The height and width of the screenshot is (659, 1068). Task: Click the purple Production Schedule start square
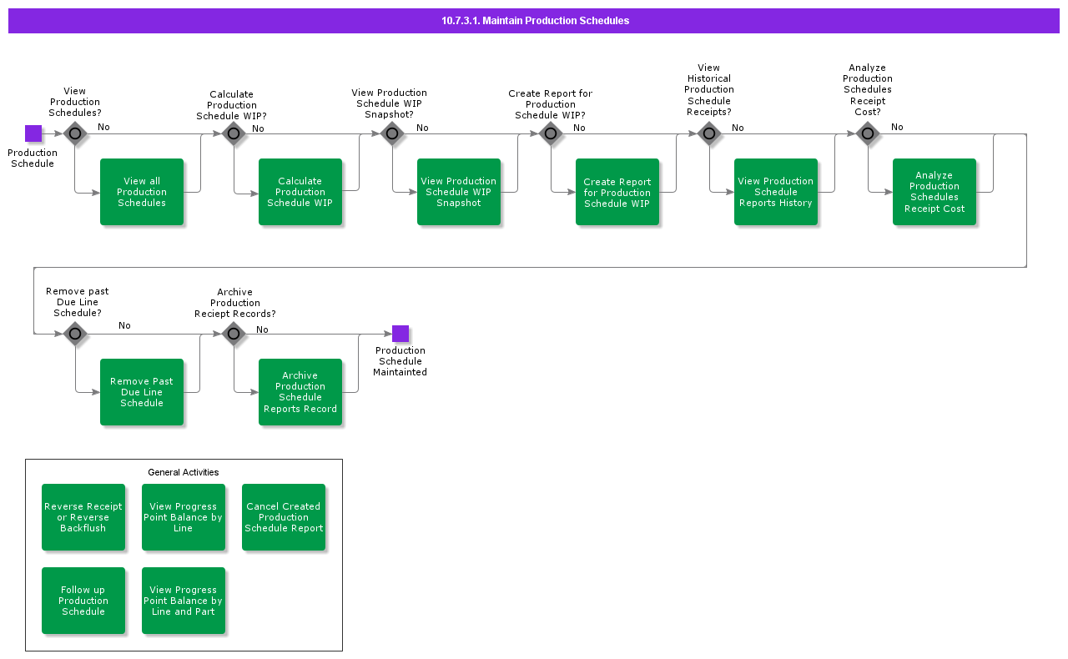(x=33, y=133)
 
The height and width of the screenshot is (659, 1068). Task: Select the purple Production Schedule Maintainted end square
(x=400, y=334)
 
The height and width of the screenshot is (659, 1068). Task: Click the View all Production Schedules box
(x=142, y=192)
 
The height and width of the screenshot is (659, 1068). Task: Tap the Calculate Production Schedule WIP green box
(x=300, y=192)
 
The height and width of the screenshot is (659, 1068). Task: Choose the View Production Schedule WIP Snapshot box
(x=459, y=192)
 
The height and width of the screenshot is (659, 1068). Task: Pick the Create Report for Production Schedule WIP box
(x=617, y=192)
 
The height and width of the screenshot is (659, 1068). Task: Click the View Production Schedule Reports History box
(x=776, y=192)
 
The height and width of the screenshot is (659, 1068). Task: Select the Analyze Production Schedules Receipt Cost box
(x=934, y=192)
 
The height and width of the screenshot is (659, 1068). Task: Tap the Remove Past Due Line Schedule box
(x=142, y=392)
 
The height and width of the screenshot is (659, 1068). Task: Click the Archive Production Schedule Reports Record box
(x=300, y=392)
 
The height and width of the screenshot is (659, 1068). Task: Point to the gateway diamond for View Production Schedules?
(x=75, y=133)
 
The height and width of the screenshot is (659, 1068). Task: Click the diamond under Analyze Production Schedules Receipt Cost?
(x=868, y=133)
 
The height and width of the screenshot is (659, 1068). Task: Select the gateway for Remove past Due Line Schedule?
(x=75, y=334)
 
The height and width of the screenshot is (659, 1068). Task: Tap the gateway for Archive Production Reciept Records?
(x=234, y=334)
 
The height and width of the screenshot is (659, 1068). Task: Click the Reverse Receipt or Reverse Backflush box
(x=83, y=517)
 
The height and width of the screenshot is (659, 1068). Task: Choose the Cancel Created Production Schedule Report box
(x=284, y=517)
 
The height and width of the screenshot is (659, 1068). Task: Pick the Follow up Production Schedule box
(x=83, y=601)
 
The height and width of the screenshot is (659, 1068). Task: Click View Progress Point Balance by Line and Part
(x=184, y=601)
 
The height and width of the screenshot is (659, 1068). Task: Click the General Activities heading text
(x=184, y=472)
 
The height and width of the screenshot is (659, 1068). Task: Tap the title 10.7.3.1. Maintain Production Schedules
(x=535, y=21)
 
